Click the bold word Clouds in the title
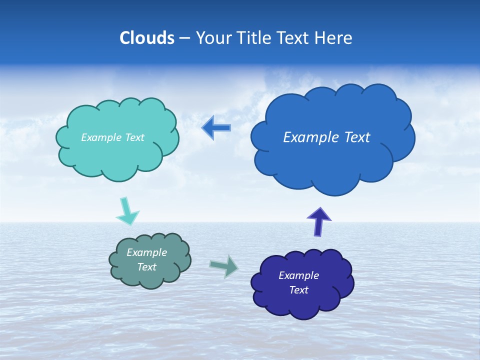click(x=147, y=38)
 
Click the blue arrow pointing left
click(x=216, y=127)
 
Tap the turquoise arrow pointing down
click(x=126, y=211)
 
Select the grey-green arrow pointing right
click(x=224, y=266)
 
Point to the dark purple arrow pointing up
click(x=319, y=221)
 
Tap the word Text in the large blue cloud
click(x=356, y=137)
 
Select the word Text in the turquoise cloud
click(x=134, y=137)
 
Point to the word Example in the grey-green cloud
click(x=146, y=252)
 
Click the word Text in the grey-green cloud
click(x=146, y=267)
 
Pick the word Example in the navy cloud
click(x=298, y=275)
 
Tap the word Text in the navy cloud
click(x=298, y=290)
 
